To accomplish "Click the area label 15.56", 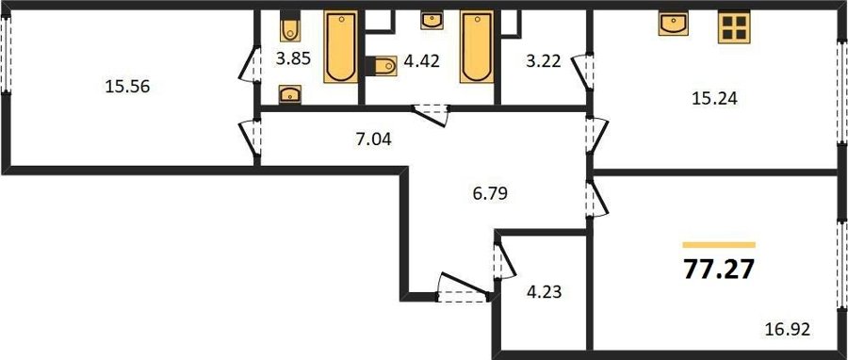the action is point(127,87).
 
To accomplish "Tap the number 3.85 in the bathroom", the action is point(294,58).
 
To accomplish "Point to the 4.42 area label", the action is point(422,60).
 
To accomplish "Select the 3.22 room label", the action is point(543,60).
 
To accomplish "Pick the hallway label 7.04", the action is point(373,140).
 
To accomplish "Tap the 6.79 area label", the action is point(489,193).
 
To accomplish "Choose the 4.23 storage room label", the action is point(544,292).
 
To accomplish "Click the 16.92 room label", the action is point(789,329).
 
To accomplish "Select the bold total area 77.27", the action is point(719,270).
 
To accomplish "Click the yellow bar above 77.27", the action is point(719,245).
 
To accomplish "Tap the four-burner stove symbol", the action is point(734,27).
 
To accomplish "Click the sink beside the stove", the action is point(674,24).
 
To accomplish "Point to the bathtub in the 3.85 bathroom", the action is point(341,47).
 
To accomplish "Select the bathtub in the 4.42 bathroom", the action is point(477,47).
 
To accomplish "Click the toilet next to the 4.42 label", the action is point(382,66).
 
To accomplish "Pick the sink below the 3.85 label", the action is point(290,94).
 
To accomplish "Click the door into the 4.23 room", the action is point(504,260).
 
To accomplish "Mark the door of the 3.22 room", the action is point(583,71).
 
